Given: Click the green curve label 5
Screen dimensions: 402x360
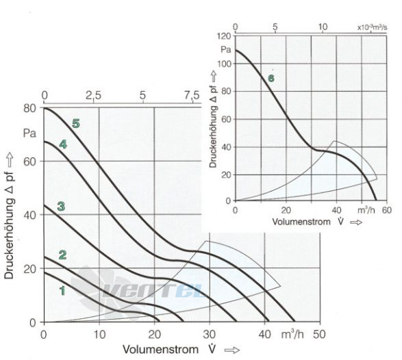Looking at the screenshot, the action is (76, 124).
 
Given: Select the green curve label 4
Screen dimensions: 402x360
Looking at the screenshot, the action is (63, 144).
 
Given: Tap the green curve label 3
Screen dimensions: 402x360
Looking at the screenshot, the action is (61, 206).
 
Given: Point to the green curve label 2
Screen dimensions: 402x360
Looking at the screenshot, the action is (62, 255).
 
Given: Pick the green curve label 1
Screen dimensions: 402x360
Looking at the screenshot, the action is (62, 291).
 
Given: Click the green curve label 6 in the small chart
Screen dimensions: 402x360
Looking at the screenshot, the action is (271, 79).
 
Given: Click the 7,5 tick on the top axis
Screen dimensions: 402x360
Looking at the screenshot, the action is (192, 96).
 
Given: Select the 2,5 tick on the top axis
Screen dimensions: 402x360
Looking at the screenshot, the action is (93, 96).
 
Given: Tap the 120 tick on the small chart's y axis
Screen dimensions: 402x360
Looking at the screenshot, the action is (224, 36).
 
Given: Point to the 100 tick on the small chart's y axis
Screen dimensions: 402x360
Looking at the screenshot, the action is (224, 64).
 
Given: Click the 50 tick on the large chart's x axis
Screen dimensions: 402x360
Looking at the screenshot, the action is (319, 335).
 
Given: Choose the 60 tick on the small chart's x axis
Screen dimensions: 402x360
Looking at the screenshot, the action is (387, 210).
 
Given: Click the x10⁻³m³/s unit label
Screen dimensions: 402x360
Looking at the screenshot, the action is (372, 27).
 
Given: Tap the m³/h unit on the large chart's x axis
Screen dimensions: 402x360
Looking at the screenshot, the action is (292, 335).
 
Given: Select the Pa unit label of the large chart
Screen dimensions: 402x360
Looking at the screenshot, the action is (29, 133).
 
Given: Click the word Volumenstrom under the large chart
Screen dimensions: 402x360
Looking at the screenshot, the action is (160, 349).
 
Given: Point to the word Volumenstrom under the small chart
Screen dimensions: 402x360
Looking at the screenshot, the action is (301, 222).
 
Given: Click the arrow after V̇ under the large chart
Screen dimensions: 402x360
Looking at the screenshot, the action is (232, 350).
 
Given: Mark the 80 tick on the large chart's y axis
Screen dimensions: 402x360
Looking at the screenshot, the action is (29, 108).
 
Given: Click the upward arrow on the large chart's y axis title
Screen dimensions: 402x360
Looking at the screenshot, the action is (10, 159).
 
